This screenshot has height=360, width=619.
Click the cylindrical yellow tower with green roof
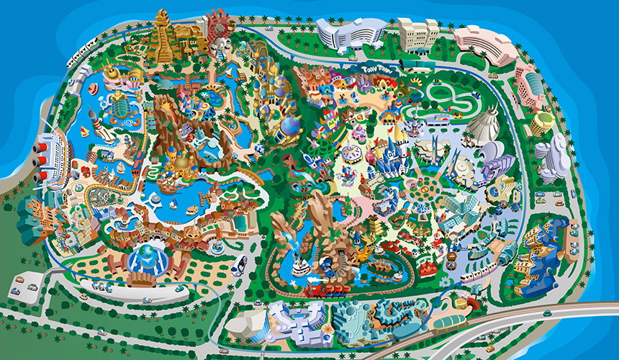point(541,123)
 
